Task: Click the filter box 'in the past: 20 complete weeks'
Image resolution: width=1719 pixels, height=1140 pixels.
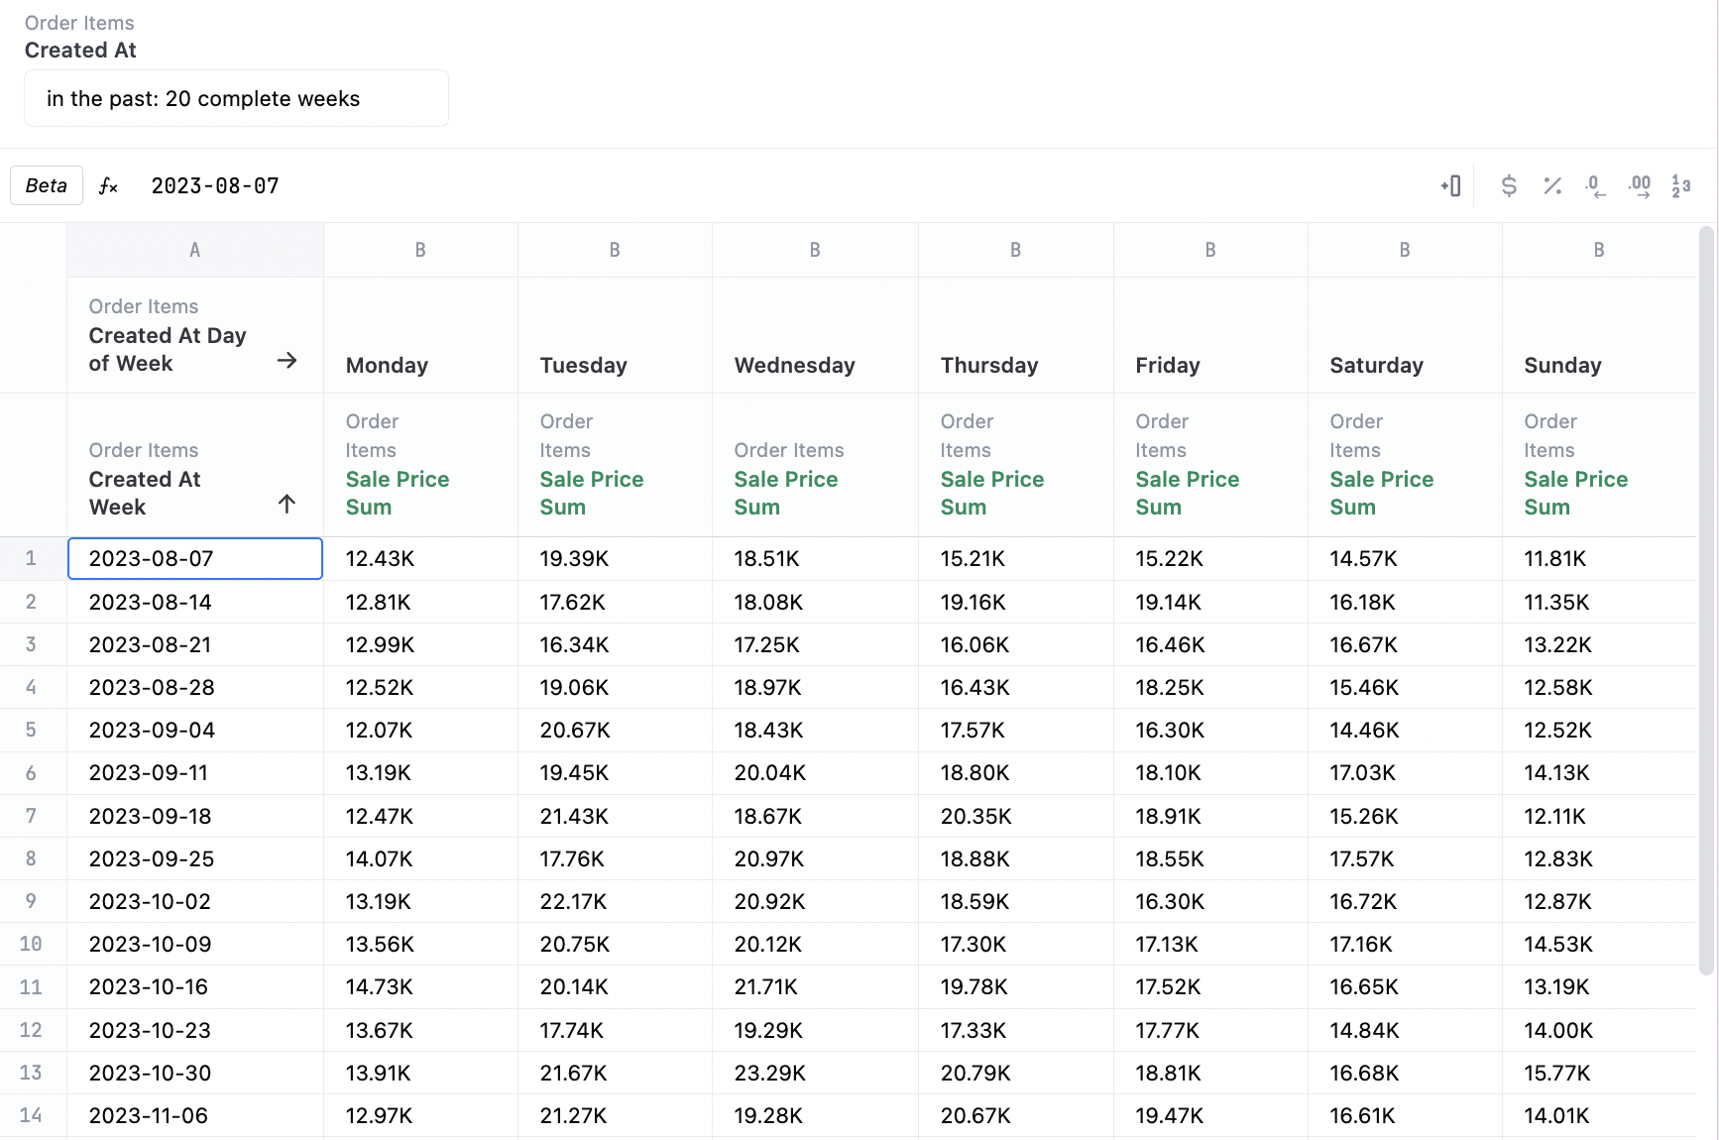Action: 236,99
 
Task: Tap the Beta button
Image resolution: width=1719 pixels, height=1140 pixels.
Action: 47,185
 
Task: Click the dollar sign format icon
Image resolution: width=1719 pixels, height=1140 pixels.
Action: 1508,185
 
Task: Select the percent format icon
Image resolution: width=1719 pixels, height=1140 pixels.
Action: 1551,185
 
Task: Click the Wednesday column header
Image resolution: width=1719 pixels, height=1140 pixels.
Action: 794,365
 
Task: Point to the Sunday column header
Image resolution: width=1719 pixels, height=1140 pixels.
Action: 1562,365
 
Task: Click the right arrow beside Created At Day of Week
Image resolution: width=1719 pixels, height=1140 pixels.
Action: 286,361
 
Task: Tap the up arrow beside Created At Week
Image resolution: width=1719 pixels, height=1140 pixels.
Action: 286,505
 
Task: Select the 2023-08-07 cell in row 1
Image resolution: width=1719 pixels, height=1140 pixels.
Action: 194,559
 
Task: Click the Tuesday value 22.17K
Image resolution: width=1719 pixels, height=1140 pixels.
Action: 573,902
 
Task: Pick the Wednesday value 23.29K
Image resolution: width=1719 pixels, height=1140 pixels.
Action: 769,1074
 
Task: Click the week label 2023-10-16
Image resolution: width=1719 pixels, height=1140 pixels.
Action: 149,987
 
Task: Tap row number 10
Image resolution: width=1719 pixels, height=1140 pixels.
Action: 31,945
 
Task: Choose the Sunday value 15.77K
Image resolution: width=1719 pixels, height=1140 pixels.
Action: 1556,1074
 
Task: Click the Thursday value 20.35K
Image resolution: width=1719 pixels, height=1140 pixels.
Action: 975,817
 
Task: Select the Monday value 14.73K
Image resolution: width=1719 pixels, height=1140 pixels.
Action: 379,987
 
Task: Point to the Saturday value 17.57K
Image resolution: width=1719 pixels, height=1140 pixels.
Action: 1361,859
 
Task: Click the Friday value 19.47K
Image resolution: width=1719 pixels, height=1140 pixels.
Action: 1169,1116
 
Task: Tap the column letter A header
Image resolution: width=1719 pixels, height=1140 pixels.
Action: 194,251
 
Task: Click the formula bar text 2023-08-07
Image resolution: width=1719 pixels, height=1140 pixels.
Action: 215,186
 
